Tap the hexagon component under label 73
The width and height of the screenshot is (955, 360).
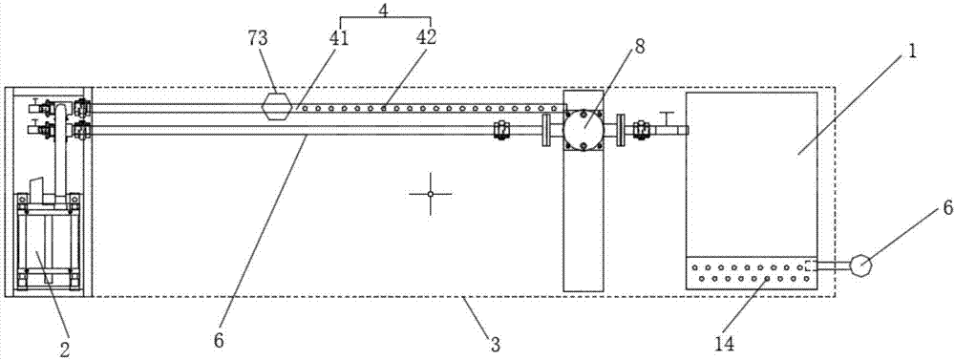277,107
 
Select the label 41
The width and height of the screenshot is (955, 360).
339,38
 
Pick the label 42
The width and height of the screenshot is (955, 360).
426,38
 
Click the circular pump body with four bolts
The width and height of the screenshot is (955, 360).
583,128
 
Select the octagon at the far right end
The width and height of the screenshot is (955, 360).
859,265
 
